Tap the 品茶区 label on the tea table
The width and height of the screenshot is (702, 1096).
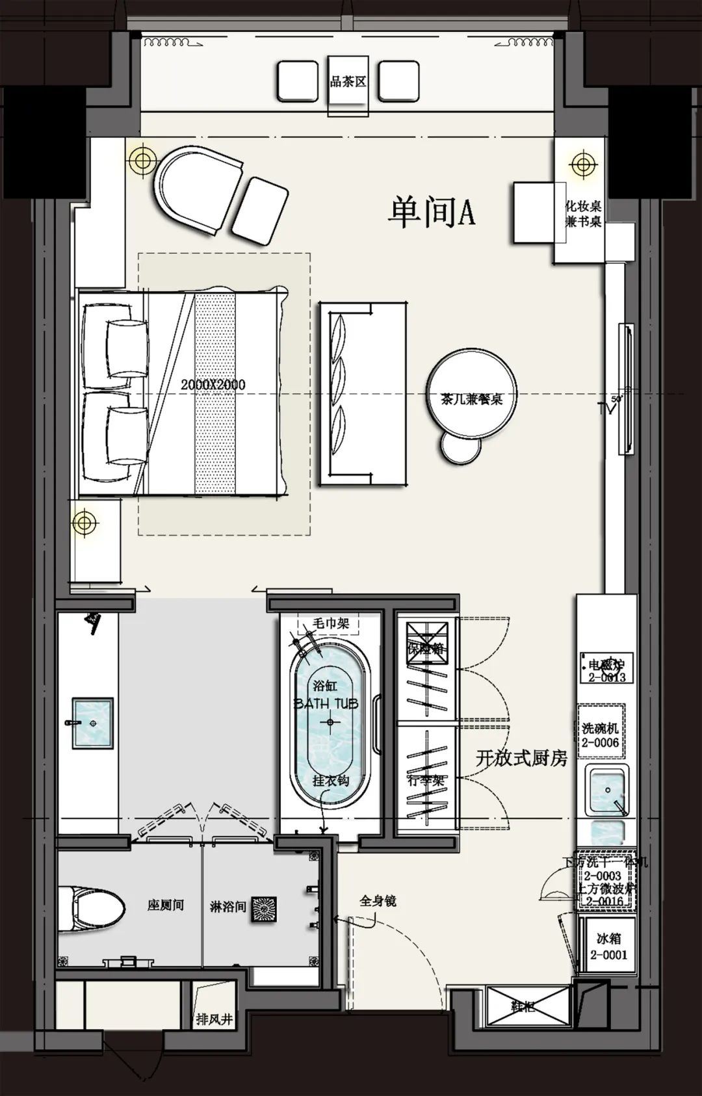348,83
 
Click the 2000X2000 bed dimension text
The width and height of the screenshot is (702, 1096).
213,384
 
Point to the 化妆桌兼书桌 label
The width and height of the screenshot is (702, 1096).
583,214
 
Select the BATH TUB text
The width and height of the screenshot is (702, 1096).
326,703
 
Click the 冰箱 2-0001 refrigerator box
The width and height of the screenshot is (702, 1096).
608,946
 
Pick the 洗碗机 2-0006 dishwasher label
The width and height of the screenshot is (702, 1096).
600,735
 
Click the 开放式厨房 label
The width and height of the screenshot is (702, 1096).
522,757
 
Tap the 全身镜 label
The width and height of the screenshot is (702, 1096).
378,901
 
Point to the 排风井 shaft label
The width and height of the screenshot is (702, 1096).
214,1019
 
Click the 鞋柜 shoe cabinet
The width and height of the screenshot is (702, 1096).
522,1008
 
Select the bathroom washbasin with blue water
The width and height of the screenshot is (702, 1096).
92,722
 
